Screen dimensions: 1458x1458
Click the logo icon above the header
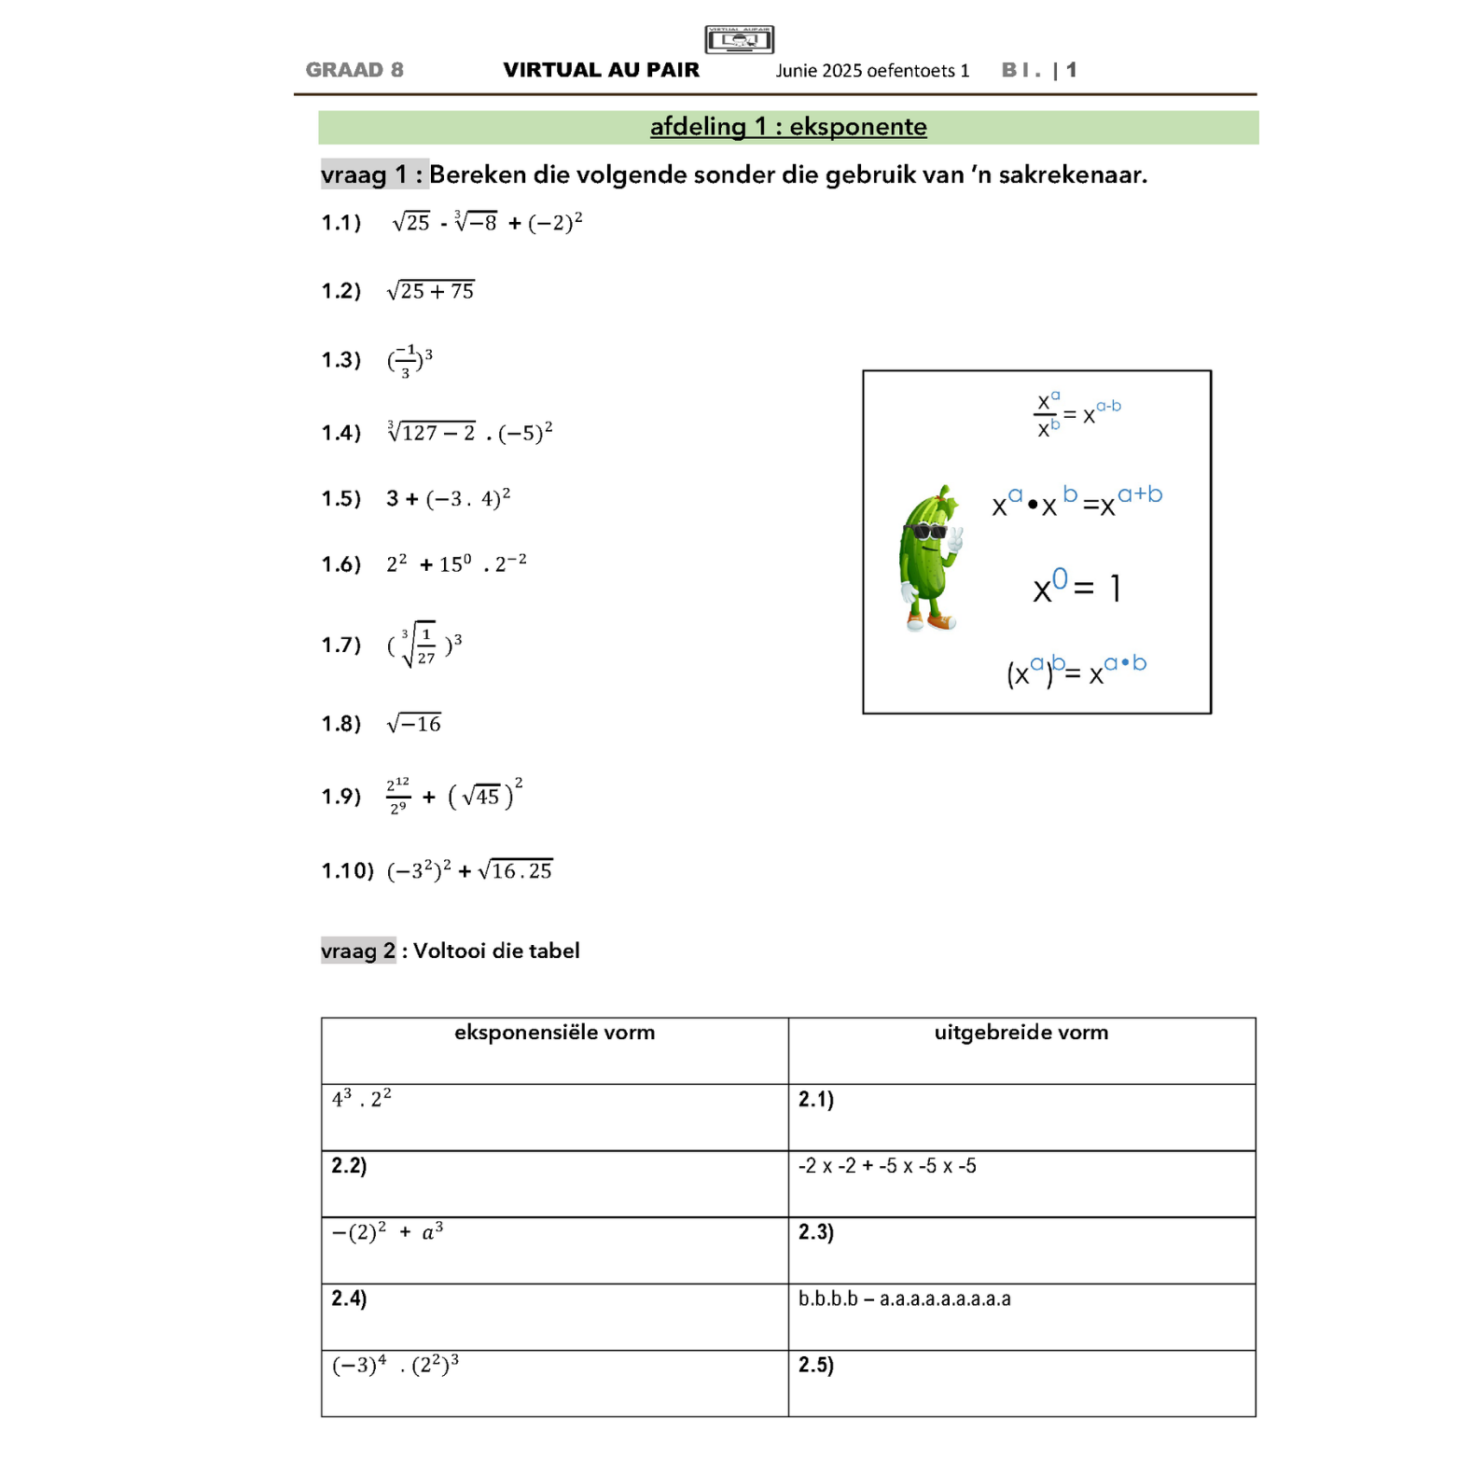[739, 39]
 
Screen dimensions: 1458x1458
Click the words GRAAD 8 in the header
[354, 70]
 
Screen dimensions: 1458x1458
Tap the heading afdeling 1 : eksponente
[788, 127]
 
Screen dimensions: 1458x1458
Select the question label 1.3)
[340, 360]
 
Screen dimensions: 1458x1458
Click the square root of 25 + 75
[431, 291]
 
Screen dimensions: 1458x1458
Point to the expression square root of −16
[414, 724]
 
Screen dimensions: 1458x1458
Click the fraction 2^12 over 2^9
[398, 796]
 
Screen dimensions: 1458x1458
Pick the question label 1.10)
[347, 871]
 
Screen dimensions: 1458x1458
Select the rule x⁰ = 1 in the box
[1076, 587]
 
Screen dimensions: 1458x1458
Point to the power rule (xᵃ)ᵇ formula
[1076, 670]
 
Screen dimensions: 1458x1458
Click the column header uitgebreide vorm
[1021, 1033]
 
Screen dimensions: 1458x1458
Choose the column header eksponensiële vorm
[554, 1033]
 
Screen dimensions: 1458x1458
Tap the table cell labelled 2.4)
[349, 1298]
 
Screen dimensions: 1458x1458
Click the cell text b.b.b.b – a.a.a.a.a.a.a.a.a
[904, 1298]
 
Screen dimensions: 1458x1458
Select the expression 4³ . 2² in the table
[362, 1099]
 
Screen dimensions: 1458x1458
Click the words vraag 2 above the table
[358, 951]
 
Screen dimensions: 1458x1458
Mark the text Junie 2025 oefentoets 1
[872, 71]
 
